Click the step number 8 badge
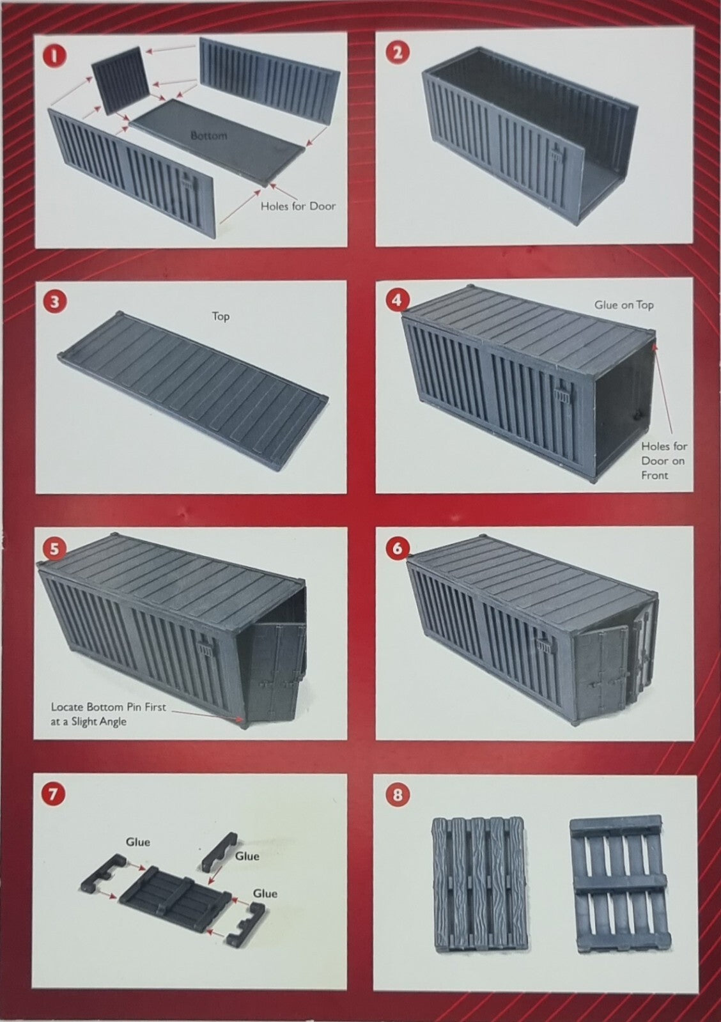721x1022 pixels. [x=397, y=796]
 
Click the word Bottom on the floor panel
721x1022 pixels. [x=208, y=135]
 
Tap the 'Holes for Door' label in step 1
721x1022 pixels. [x=298, y=206]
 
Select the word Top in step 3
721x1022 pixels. [x=221, y=316]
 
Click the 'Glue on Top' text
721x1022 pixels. [x=624, y=305]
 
